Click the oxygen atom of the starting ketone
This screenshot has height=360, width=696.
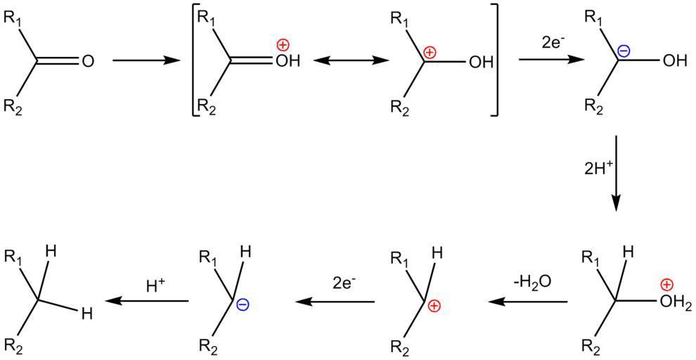coord(87,62)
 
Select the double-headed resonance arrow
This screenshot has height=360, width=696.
coord(351,61)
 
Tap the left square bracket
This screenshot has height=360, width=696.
coord(195,61)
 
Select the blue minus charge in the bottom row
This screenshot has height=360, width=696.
coord(241,304)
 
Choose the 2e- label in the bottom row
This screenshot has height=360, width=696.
coord(344,283)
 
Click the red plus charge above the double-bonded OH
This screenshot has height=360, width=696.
coord(282,45)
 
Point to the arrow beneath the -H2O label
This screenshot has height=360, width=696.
coord(528,302)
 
